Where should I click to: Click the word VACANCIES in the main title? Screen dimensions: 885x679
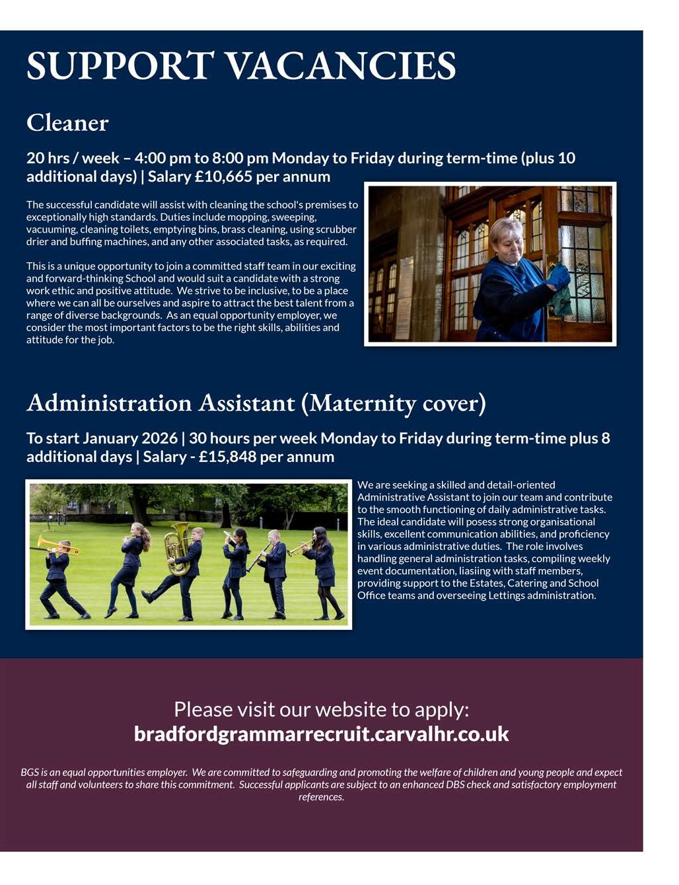[x=341, y=65]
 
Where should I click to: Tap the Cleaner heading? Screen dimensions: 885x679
[x=67, y=123]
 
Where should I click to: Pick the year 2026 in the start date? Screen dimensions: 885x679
[x=159, y=438]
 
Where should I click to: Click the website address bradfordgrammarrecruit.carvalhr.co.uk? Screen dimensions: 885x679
[x=321, y=734]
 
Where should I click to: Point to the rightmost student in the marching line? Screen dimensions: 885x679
[x=324, y=572]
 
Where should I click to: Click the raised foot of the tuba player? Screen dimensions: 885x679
[x=147, y=596]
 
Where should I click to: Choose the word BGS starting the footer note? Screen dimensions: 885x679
[x=29, y=772]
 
